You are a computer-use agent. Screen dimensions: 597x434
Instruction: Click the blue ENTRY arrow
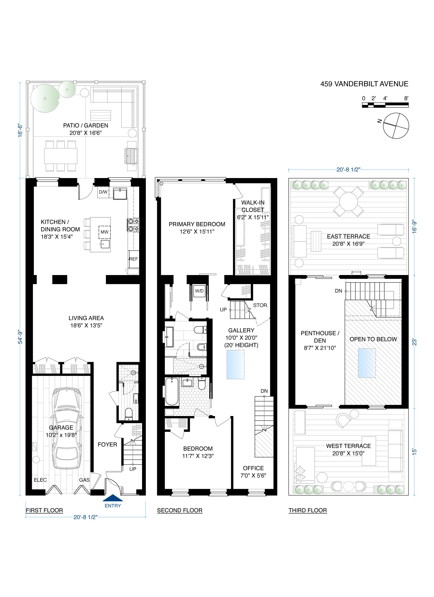[113, 498]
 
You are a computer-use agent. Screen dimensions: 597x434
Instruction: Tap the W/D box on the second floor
[199, 291]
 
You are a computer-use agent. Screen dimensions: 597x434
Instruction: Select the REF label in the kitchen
[133, 259]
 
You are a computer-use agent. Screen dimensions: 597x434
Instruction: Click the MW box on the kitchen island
[104, 232]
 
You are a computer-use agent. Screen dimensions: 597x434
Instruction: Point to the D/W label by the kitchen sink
[103, 192]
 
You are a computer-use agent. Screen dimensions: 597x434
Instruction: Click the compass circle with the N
[396, 126]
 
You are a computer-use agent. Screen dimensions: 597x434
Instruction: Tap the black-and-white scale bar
[385, 105]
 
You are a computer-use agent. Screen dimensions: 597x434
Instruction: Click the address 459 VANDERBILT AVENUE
[364, 84]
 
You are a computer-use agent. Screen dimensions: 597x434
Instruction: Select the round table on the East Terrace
[348, 202]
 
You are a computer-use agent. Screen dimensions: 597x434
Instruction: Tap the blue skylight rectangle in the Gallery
[236, 365]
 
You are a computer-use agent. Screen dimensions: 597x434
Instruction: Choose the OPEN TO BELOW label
[373, 339]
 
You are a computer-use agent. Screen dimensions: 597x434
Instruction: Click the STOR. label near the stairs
[260, 305]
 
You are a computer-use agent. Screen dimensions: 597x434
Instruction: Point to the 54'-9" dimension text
[20, 337]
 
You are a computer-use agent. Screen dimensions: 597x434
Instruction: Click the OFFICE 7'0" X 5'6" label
[253, 472]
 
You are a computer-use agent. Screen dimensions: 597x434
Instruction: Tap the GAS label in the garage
[84, 480]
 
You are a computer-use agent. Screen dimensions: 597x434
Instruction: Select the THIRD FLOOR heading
[308, 510]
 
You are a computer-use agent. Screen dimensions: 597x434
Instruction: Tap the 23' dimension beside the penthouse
[414, 342]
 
